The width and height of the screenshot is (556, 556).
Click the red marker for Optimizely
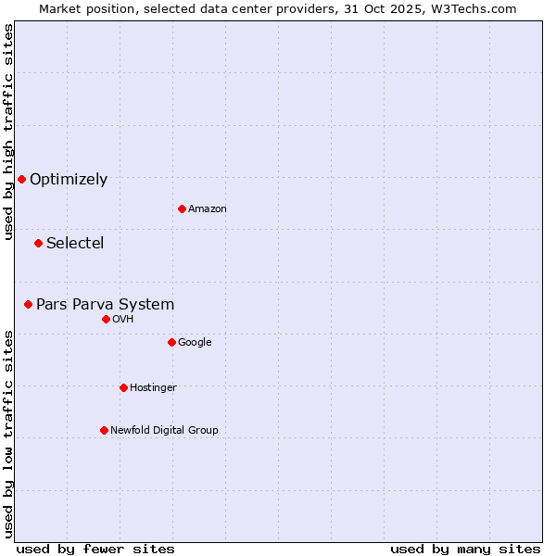(21, 179)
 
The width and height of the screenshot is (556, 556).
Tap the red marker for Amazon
(182, 208)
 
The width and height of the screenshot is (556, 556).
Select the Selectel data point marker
(38, 243)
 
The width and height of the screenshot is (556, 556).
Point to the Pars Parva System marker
(28, 304)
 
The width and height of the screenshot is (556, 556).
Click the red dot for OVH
(106, 319)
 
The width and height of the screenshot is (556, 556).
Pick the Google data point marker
(171, 342)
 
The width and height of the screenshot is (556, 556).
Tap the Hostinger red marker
(123, 387)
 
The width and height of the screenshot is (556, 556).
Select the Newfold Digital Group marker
(104, 430)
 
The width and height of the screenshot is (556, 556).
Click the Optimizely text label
(69, 180)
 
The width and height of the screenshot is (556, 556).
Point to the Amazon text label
(208, 209)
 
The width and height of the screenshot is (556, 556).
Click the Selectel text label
(75, 244)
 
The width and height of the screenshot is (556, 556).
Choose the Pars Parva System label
(105, 305)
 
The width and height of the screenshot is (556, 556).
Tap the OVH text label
(123, 320)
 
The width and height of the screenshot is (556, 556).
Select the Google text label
(195, 343)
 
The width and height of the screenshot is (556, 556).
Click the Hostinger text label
(153, 388)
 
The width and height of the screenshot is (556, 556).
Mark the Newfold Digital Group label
(164, 431)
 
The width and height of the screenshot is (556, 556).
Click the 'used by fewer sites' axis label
(95, 549)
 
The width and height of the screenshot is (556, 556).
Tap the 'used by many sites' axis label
(465, 549)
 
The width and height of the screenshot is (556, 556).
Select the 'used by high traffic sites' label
(8, 133)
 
